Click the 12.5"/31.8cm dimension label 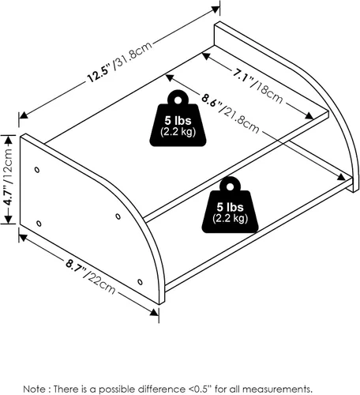pyautogui.click(x=120, y=62)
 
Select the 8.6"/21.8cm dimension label pyautogui.click(x=231, y=113)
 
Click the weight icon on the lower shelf pyautogui.click(x=230, y=205)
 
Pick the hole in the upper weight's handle pyautogui.click(x=178, y=100)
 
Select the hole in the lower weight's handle pyautogui.click(x=230, y=186)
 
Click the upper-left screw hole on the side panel pyautogui.click(x=37, y=170)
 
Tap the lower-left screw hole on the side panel pyautogui.click(x=39, y=224)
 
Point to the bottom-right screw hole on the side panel pyautogui.click(x=140, y=282)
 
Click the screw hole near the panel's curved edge pyautogui.click(x=118, y=216)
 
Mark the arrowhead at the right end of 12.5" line pyautogui.click(x=216, y=9)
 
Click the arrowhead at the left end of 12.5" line pyautogui.click(x=24, y=115)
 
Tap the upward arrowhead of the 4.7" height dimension pyautogui.click(x=9, y=140)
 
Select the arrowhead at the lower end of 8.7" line pyautogui.click(x=154, y=312)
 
